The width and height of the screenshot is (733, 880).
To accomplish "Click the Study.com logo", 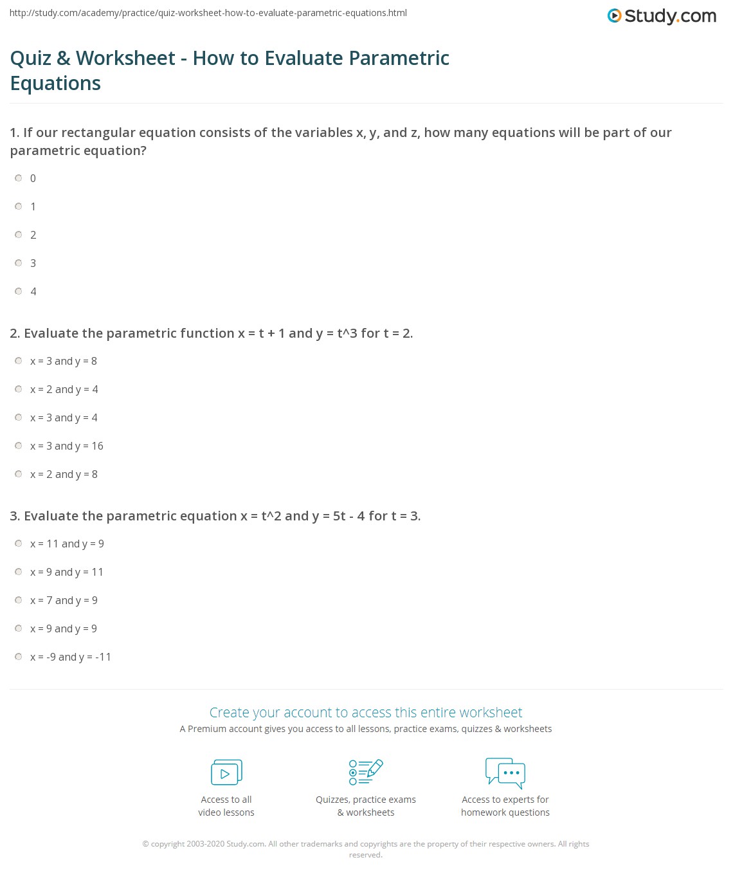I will coord(662,16).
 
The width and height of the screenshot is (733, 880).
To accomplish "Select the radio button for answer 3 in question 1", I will coord(19,263).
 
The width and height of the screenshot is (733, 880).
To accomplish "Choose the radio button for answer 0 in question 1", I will coord(19,178).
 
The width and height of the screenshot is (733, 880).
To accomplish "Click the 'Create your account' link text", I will coord(365,713).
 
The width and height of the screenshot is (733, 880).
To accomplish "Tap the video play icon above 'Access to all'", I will coord(226,773).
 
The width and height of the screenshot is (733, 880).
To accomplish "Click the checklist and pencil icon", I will coord(366,772).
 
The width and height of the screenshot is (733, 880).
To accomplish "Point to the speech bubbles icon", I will coord(505,773).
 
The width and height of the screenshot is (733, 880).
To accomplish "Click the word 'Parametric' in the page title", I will coord(399,59).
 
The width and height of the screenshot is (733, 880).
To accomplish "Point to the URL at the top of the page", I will coord(208,13).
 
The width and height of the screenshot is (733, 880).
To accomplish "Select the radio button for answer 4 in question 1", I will coord(19,291).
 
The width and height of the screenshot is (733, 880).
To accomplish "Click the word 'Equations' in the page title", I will coord(55,84).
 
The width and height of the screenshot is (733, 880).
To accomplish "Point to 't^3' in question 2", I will coord(347,333).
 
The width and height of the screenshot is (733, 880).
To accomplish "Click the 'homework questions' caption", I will coord(505,812).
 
